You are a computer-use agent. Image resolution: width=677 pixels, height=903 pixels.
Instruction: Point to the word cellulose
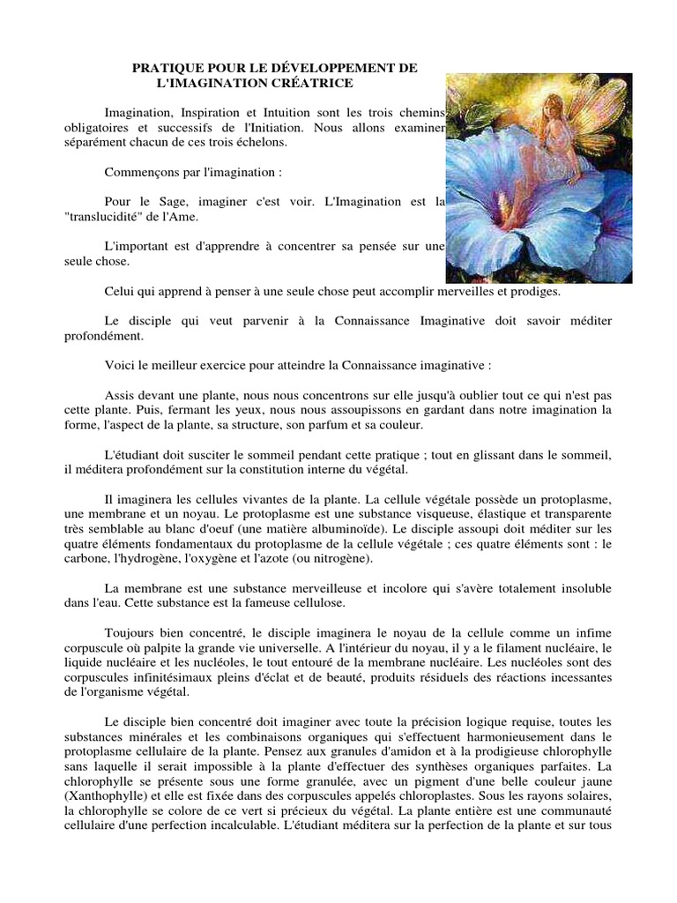tap(294, 603)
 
